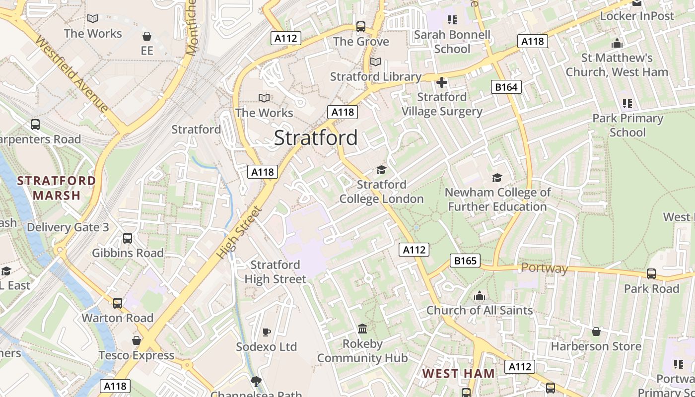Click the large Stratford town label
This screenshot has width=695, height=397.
pos(316,138)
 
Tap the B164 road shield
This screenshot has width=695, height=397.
pos(506,87)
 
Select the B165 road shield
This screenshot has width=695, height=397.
pos(465,261)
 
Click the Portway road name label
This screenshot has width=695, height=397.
pos(544,268)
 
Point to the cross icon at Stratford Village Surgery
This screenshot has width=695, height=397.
pos(441,82)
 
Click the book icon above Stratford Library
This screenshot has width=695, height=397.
pos(376,62)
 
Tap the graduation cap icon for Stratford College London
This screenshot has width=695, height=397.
pos(381,170)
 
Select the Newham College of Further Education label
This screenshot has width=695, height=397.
pos(497,199)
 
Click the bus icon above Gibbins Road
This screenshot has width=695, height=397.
pos(128,238)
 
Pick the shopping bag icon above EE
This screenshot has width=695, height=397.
pos(146,36)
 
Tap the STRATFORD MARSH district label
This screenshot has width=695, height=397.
pos(57,188)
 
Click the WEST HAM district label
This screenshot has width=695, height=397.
pos(458,373)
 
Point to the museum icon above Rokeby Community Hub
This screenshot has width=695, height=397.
pos(362,329)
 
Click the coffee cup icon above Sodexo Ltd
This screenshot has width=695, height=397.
pos(266,332)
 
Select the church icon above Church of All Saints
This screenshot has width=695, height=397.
pos(479,296)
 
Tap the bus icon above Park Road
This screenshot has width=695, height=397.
pos(651,274)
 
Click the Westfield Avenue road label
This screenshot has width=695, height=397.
pos(72,76)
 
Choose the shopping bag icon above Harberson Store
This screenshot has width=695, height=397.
pos(596,331)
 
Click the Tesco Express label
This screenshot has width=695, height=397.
pos(137,355)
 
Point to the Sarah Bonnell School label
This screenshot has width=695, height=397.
pos(452,42)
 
